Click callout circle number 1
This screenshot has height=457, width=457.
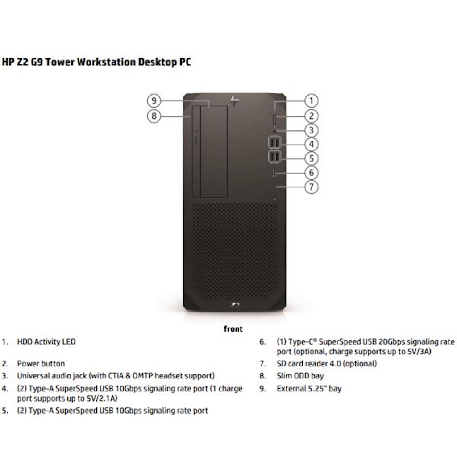point(312,100)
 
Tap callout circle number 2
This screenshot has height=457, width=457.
point(312,116)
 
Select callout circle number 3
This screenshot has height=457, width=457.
point(312,130)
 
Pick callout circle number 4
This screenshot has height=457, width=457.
point(312,144)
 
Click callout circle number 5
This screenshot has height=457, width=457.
point(312,158)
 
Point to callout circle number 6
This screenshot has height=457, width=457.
point(312,172)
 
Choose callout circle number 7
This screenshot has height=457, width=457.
point(312,186)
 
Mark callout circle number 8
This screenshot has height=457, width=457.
point(154,116)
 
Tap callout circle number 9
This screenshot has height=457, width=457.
point(154,100)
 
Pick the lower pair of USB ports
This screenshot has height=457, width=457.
point(274,157)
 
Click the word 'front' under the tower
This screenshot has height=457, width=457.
point(233,329)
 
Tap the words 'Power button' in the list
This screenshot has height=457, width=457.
point(41,364)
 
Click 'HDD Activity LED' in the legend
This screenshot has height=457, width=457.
point(46,342)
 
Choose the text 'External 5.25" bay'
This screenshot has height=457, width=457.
point(309,388)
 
